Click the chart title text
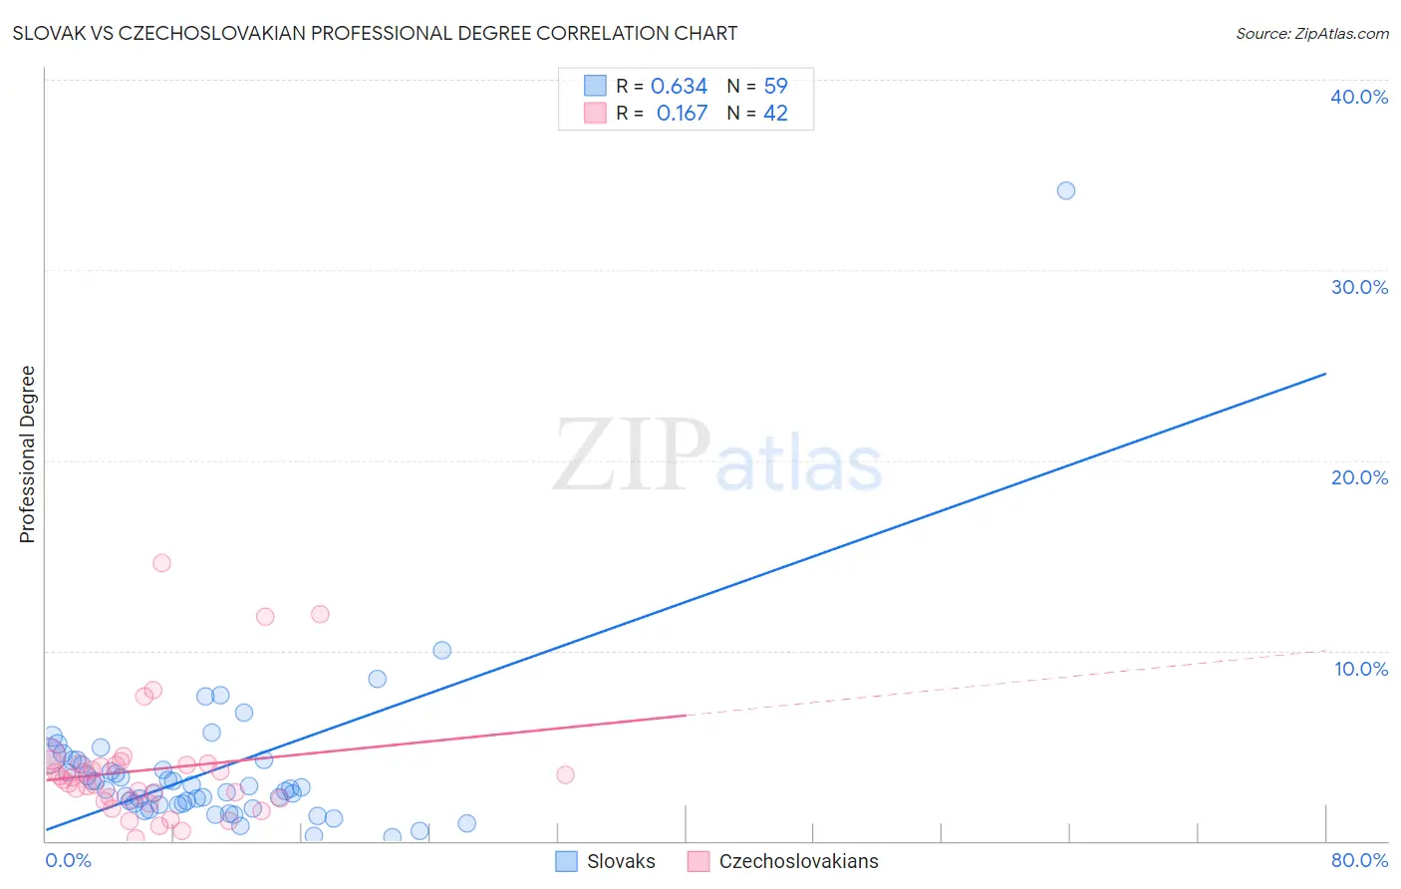coord(375,33)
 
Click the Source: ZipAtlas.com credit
coord(1311,33)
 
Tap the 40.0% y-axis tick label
coord(1359,97)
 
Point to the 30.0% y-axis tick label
coord(1359,287)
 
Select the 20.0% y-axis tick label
coord(1359,477)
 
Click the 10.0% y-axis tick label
coord(1360,669)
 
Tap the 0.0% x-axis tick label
coord(68,860)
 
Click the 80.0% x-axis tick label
coord(1359,860)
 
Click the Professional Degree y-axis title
coord(27,454)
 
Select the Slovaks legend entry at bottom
coord(605,861)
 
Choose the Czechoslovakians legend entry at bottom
coord(783,861)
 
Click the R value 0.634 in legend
coord(679,87)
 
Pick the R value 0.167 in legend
coord(682,114)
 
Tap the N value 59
coord(775,87)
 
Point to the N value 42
coord(775,114)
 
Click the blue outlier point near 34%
coord(1065,190)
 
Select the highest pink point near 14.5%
coord(161,563)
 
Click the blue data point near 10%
coord(441,650)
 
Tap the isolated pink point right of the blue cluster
coord(565,774)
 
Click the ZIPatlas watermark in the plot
coord(717,456)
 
